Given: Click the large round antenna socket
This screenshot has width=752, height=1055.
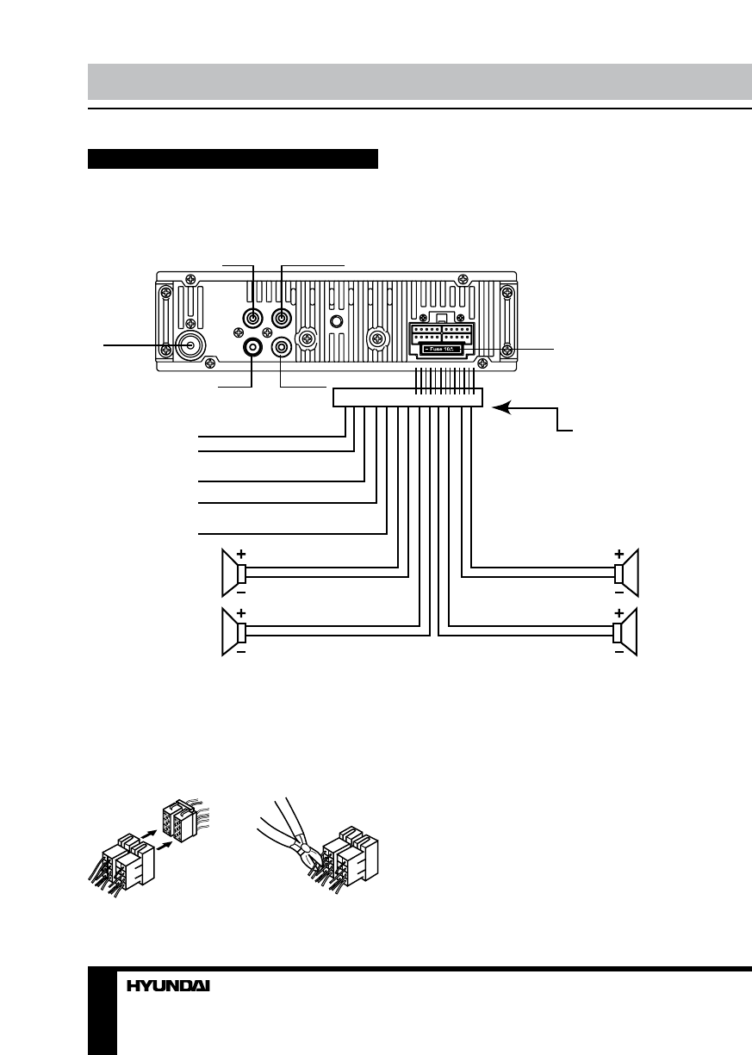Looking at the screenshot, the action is (188, 346).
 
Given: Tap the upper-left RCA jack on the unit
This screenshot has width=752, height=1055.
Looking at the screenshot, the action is (253, 318).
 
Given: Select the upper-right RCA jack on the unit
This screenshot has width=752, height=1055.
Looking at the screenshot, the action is (282, 318).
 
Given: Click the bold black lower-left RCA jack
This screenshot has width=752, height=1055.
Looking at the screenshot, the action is (253, 347).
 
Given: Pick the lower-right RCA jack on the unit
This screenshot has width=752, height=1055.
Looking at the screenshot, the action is (282, 347).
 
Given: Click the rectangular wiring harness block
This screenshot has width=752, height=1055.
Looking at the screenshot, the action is (407, 397).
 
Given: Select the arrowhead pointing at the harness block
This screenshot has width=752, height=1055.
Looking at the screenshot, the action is (500, 409).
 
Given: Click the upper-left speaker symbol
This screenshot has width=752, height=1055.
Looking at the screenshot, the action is (232, 572).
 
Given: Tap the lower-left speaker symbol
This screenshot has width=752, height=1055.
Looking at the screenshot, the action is (232, 632).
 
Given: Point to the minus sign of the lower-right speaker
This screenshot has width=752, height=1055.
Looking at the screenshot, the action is (618, 653).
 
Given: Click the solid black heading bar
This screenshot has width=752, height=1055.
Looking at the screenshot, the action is (233, 159).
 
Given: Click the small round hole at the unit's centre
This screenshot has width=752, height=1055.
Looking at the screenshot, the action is (337, 321).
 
